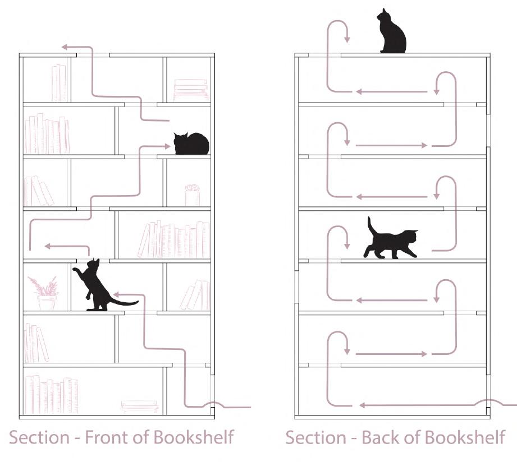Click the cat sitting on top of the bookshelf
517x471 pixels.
391,34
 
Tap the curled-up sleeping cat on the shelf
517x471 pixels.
191,144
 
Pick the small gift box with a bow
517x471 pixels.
192,195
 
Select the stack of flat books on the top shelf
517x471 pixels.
190,90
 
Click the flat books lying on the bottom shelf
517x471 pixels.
140,406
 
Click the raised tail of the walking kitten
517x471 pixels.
371,227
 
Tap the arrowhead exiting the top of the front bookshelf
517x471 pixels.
65,47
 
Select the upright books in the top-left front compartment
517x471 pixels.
59,83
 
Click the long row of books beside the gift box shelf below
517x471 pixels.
174,240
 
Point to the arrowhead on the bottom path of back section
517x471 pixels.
363,404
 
